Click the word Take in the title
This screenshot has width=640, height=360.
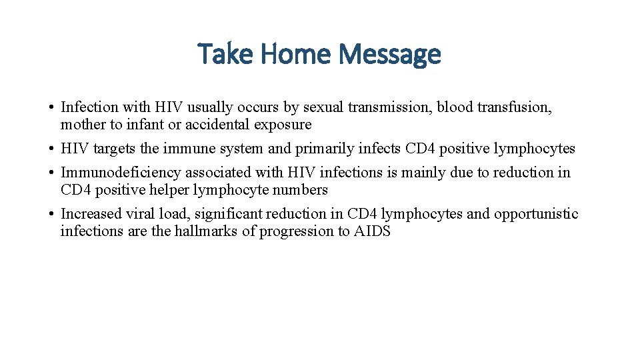(225, 54)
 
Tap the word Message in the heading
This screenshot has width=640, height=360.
(391, 54)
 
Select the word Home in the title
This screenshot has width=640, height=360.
(295, 54)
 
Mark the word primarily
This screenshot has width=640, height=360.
(324, 148)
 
